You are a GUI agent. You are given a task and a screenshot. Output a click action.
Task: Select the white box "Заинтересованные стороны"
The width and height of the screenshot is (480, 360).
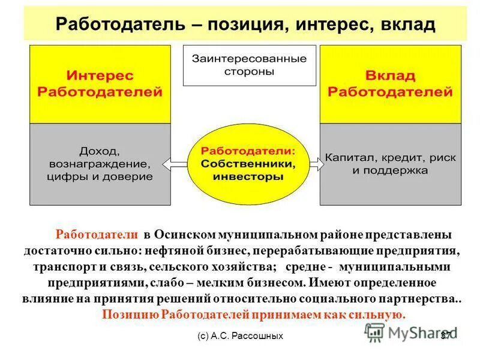pyautogui.click(x=249, y=65)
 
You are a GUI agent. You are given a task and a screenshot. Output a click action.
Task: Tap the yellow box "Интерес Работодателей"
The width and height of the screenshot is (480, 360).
pyautogui.click(x=100, y=84)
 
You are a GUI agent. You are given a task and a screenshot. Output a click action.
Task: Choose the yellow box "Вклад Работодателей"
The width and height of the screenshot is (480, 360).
pyautogui.click(x=391, y=84)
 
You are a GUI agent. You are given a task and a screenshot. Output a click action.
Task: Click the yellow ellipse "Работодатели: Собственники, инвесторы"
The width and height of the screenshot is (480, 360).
pyautogui.click(x=248, y=163)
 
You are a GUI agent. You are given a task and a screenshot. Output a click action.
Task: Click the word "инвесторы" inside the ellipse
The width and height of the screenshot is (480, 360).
pyautogui.click(x=248, y=177)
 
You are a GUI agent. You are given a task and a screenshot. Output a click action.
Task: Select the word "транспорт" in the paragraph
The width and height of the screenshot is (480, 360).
pyautogui.click(x=60, y=265)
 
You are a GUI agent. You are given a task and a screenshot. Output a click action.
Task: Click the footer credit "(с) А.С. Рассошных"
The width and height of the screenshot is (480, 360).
pyautogui.click(x=240, y=336)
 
